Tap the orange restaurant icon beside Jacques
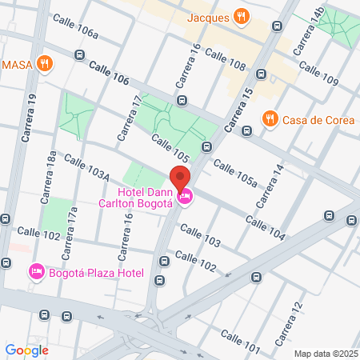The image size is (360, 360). (241, 16)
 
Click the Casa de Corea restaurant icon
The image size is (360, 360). (270, 120)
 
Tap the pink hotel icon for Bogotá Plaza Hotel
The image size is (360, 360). (36, 274)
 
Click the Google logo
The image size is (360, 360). (26, 350)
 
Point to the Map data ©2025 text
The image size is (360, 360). (326, 353)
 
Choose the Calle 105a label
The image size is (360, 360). (235, 174)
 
